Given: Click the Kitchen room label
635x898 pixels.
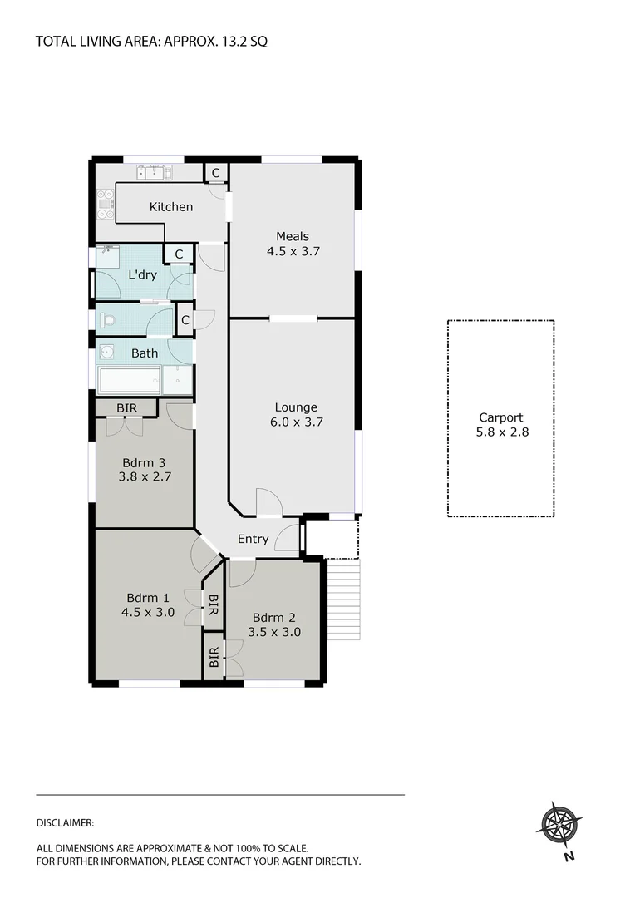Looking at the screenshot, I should coord(170,207).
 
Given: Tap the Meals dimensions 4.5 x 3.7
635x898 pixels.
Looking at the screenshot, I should coord(293,250).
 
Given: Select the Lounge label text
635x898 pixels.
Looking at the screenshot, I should coord(296,407).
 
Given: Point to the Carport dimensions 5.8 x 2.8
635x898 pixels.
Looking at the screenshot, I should coord(501,432).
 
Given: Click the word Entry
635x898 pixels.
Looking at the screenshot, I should coord(253,539).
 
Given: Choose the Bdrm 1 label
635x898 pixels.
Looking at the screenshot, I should coord(148,597).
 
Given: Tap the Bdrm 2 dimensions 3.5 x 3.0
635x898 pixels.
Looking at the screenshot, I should coord(274,632).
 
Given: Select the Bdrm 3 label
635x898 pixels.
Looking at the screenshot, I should coord(144,462).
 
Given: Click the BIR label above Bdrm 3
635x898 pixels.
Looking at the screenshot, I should coord(126,408).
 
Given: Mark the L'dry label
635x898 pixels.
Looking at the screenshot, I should coord(142,274).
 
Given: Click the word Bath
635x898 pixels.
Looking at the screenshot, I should coord(145,353).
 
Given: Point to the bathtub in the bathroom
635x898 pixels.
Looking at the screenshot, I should coord(129,381).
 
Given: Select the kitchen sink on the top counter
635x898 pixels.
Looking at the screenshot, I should coord(155,173).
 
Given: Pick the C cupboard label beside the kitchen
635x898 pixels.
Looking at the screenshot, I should coord(215,173).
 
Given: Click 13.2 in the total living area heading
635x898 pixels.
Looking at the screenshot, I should coord(229,40).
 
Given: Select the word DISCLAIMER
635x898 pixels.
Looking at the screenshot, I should coord(66,823).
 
